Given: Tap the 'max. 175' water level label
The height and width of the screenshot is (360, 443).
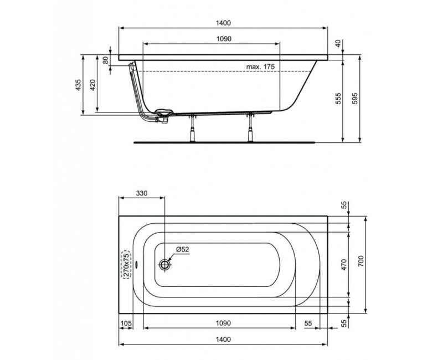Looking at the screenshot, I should point(260,66).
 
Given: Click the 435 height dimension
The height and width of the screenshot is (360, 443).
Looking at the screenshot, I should point(79,85).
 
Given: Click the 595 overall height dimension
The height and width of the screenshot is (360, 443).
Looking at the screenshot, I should point(356,97).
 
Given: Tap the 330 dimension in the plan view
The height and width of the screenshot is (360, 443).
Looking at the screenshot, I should point(141,193).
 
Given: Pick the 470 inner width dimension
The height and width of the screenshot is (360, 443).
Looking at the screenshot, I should point(343,265).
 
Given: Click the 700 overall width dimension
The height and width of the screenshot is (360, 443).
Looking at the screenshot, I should point(360,265).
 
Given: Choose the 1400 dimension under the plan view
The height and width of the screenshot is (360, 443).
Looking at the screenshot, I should point(224,339).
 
